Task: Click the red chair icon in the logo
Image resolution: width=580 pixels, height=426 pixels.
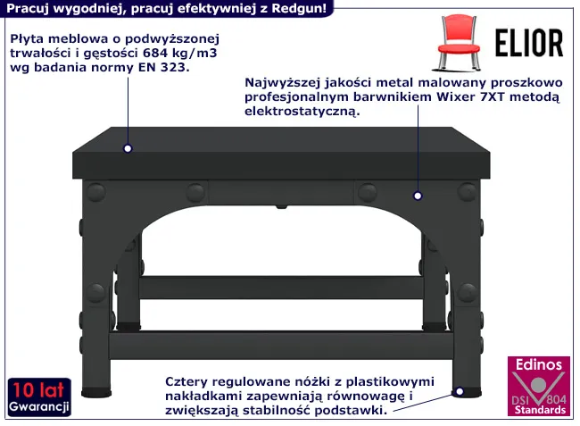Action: pos(457,42)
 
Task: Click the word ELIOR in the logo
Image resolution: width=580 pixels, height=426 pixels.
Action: pos(529,43)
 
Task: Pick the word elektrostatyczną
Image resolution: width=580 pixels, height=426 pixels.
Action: pos(301,112)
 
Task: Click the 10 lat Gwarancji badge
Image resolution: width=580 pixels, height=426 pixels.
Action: pos(39,398)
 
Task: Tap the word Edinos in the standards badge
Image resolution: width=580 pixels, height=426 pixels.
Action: pos(535,365)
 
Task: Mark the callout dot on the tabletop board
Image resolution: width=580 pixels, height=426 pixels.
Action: pos(128,149)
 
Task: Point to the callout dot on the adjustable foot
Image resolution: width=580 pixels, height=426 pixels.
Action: pos(459,391)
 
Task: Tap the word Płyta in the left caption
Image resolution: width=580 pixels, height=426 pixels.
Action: pos(29,40)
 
